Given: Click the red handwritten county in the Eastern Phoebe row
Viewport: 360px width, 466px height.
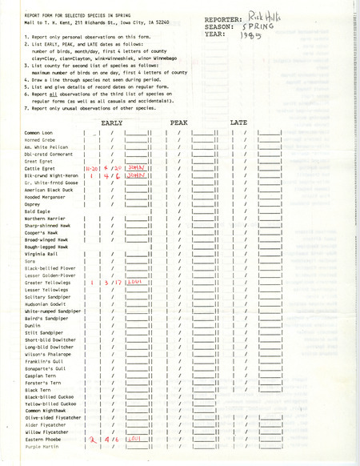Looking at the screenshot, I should (x=134, y=439).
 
